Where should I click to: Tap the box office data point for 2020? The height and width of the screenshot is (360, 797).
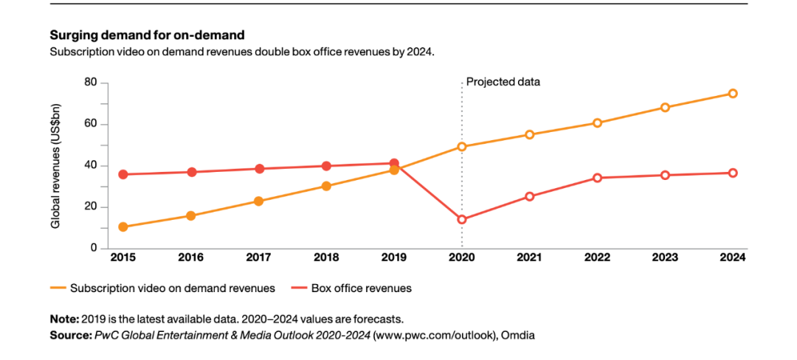click(462, 219)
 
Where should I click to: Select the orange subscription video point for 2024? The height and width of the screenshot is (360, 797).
click(733, 94)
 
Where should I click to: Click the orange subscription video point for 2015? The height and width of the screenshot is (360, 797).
click(123, 226)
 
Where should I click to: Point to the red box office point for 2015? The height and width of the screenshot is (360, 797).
click(123, 174)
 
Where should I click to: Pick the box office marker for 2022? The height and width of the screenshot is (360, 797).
click(597, 178)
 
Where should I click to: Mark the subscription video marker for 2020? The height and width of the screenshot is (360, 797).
click(462, 147)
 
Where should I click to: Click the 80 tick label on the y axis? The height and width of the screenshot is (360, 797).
click(91, 82)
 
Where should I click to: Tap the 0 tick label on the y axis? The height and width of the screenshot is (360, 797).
click(94, 248)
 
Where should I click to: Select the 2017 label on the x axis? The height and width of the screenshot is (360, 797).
click(259, 257)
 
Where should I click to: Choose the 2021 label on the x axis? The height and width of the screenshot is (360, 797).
click(529, 257)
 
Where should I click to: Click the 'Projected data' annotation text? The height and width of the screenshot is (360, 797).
click(503, 82)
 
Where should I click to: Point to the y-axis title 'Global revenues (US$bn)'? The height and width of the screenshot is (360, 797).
click(55, 165)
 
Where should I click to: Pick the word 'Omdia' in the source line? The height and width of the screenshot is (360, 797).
click(519, 334)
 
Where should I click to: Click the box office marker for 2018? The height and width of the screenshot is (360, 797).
click(326, 166)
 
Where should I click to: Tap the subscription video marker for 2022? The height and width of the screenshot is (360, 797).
click(597, 122)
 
